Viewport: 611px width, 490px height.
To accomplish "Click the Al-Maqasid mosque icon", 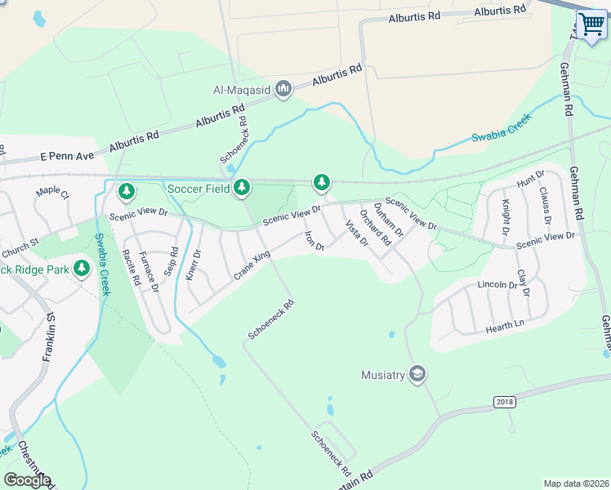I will [283, 89].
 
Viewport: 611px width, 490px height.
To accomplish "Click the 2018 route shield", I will [506, 403].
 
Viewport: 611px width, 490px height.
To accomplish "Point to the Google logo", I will [27, 480].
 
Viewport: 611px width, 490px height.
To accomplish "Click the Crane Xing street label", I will [251, 265].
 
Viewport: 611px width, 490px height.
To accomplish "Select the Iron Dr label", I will [314, 241].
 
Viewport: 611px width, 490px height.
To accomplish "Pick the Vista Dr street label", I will [356, 233].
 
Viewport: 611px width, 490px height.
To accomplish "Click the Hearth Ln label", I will [504, 326].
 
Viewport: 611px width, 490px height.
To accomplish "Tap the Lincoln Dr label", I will [497, 286].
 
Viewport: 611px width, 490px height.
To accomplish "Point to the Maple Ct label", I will [52, 194].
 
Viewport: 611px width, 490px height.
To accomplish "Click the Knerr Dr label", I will [192, 264].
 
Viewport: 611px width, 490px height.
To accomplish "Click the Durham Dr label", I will [389, 218].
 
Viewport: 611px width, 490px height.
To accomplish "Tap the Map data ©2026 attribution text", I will [576, 483].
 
